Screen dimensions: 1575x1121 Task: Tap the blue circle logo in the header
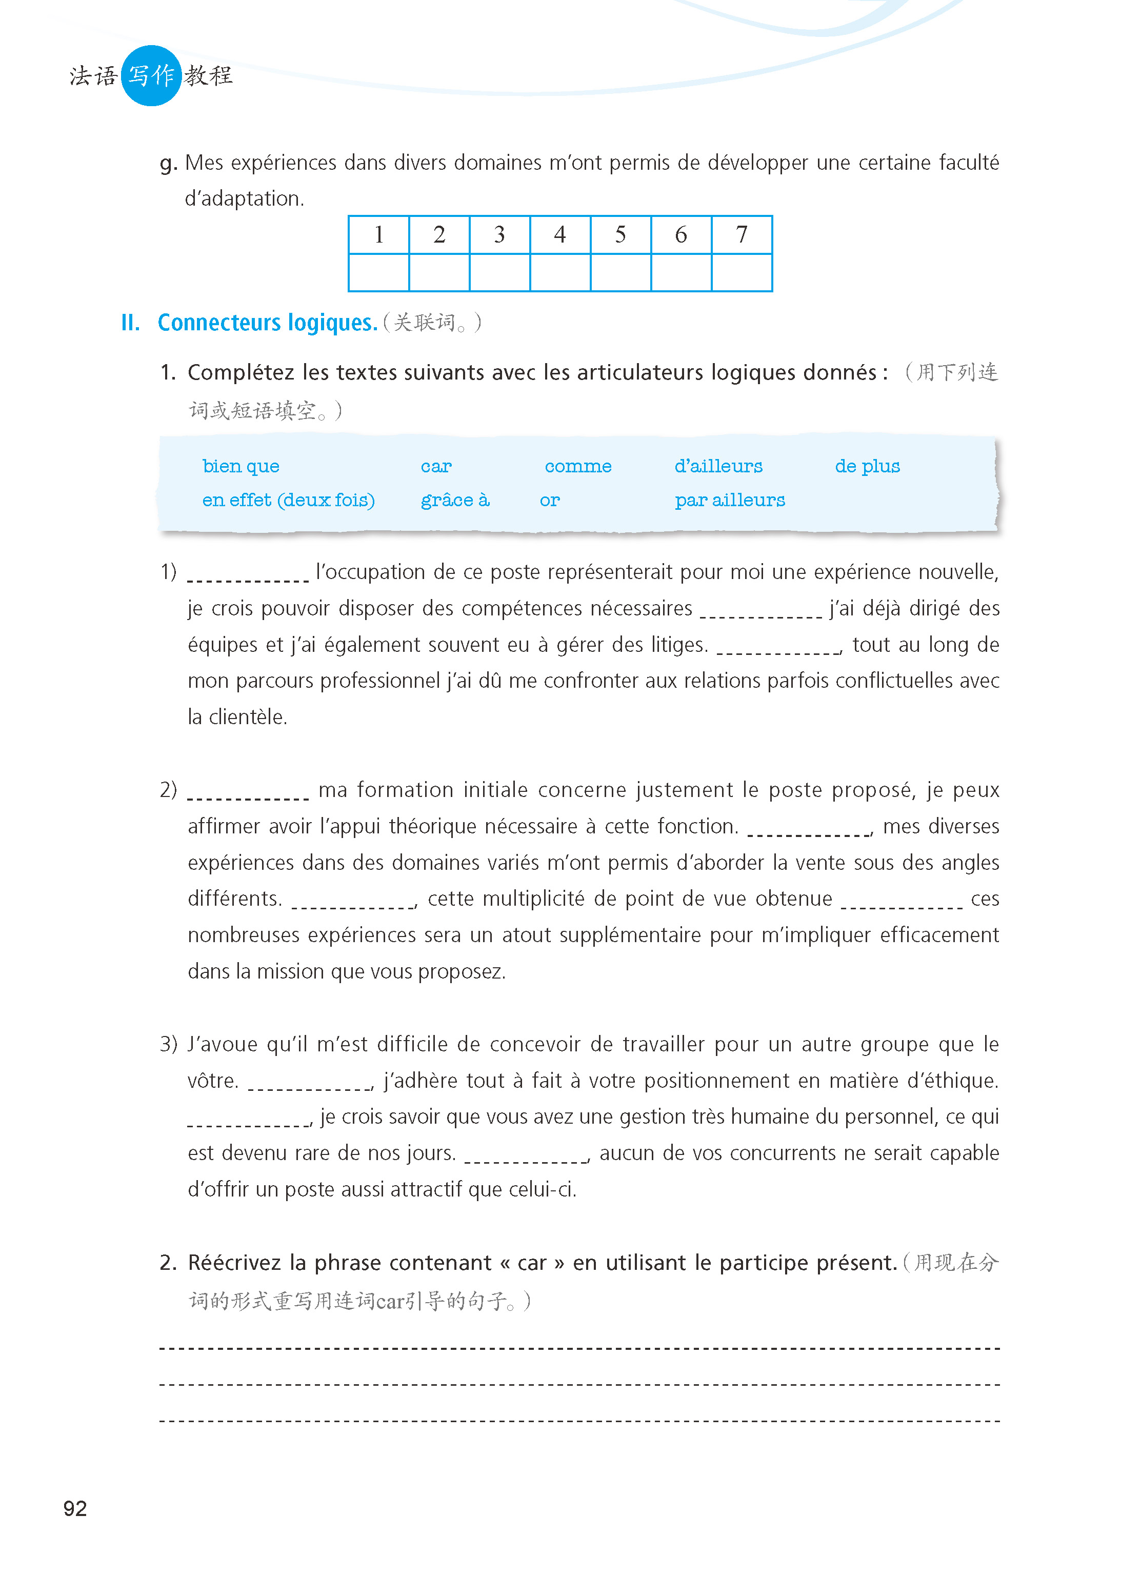click(151, 75)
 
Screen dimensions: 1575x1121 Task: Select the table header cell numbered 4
click(560, 235)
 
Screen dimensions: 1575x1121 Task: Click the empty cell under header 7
click(742, 273)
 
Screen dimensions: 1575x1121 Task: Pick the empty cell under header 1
click(379, 273)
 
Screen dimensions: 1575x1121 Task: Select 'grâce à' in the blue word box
click(455, 501)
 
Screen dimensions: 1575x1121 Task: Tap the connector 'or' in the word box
click(549, 501)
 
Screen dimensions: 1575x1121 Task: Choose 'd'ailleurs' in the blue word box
click(718, 467)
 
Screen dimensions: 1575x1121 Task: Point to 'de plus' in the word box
click(867, 467)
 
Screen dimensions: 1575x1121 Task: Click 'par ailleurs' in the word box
click(730, 501)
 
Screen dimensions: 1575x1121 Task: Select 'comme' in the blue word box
click(578, 467)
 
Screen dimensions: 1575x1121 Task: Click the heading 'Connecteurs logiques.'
click(267, 322)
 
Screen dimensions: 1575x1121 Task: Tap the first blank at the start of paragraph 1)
click(248, 574)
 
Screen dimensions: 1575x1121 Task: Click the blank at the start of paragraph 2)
click(248, 792)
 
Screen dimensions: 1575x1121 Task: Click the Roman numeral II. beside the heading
click(130, 322)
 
